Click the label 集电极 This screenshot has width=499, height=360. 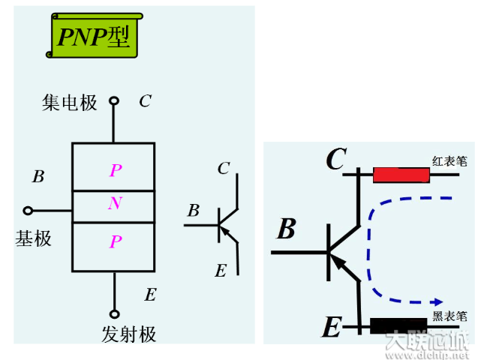70,103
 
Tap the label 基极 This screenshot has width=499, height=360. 34,238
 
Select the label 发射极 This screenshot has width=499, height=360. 128,334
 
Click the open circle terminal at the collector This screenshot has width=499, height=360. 114,100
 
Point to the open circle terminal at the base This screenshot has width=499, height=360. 29,211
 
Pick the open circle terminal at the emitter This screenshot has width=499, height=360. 115,313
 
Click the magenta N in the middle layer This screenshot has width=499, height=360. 115,204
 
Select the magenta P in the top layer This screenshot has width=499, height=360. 115,171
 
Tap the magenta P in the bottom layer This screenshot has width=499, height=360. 115,241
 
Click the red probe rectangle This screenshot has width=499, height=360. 401,175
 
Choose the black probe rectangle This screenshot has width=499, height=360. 400,326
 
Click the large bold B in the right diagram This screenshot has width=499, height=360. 286,229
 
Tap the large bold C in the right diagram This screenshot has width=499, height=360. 335,159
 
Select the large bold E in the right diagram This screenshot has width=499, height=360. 331,327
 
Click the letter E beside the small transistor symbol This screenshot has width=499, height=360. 220,271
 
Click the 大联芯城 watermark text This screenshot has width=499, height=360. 425,343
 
